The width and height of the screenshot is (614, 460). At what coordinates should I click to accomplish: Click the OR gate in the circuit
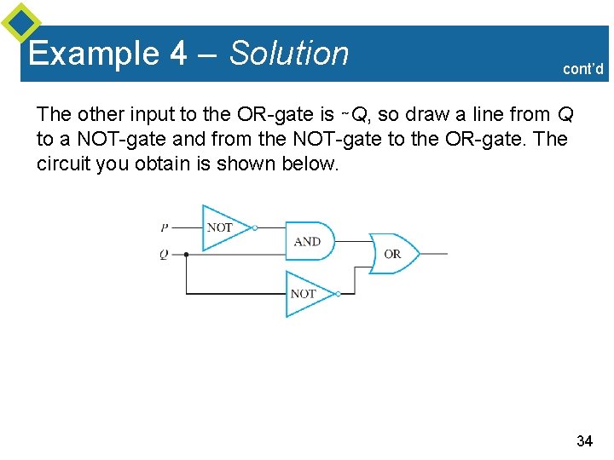(x=394, y=254)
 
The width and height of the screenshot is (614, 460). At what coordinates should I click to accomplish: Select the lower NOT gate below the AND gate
(x=304, y=294)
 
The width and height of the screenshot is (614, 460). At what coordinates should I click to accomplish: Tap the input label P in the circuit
(x=164, y=227)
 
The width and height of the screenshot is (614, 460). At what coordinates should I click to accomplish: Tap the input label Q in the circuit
(x=164, y=254)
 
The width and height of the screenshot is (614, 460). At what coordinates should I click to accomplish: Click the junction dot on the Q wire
(x=187, y=254)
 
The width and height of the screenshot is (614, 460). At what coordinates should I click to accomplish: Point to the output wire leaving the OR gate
(x=434, y=254)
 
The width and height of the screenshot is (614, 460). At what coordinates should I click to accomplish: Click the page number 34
(x=584, y=440)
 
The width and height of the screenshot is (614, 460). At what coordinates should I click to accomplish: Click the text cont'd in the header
(x=583, y=69)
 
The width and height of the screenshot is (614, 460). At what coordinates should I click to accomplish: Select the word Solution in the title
(x=290, y=54)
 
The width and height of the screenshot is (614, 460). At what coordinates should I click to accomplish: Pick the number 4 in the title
(x=178, y=54)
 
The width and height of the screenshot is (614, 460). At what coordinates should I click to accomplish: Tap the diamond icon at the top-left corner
(x=20, y=22)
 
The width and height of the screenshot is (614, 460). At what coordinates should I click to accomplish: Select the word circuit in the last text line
(x=64, y=164)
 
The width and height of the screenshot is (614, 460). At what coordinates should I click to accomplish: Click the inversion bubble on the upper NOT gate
(x=255, y=227)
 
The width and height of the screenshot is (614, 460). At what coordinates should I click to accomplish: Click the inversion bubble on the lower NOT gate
(x=339, y=294)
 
